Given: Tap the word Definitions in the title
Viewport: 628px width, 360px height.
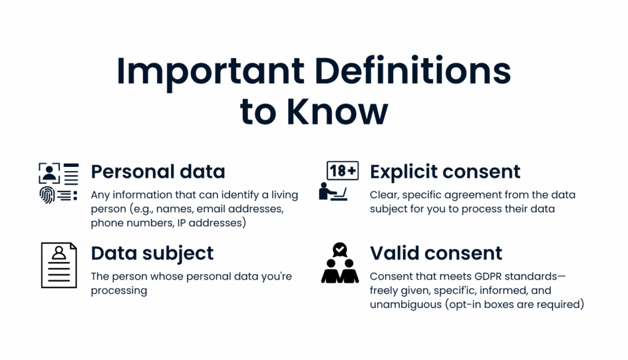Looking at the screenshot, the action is point(413,71).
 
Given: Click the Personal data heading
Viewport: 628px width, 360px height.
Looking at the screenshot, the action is point(158,171).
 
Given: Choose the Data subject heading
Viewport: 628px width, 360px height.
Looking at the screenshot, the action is point(152,253).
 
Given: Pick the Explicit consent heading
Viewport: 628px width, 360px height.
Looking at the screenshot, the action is point(445,172).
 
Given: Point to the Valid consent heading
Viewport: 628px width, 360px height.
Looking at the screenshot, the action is point(436,253).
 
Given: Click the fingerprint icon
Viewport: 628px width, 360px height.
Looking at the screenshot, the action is point(47,195).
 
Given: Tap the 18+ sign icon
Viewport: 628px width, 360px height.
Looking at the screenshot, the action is point(342,171).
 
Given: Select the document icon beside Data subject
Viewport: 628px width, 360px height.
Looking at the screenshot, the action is point(59,265).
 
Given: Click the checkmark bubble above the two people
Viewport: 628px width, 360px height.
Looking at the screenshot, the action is point(340,250).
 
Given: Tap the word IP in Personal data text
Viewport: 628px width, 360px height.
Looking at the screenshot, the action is point(182,223).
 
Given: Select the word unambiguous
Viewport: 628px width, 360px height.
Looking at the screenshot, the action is point(406,305).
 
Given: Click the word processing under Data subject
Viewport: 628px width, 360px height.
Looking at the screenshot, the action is point(119,291).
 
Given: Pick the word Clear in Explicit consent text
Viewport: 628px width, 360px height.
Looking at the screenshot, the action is point(384,195).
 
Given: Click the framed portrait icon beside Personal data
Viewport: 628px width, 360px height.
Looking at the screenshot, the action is point(49,173).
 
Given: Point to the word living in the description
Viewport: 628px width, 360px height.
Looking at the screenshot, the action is point(285,196).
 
